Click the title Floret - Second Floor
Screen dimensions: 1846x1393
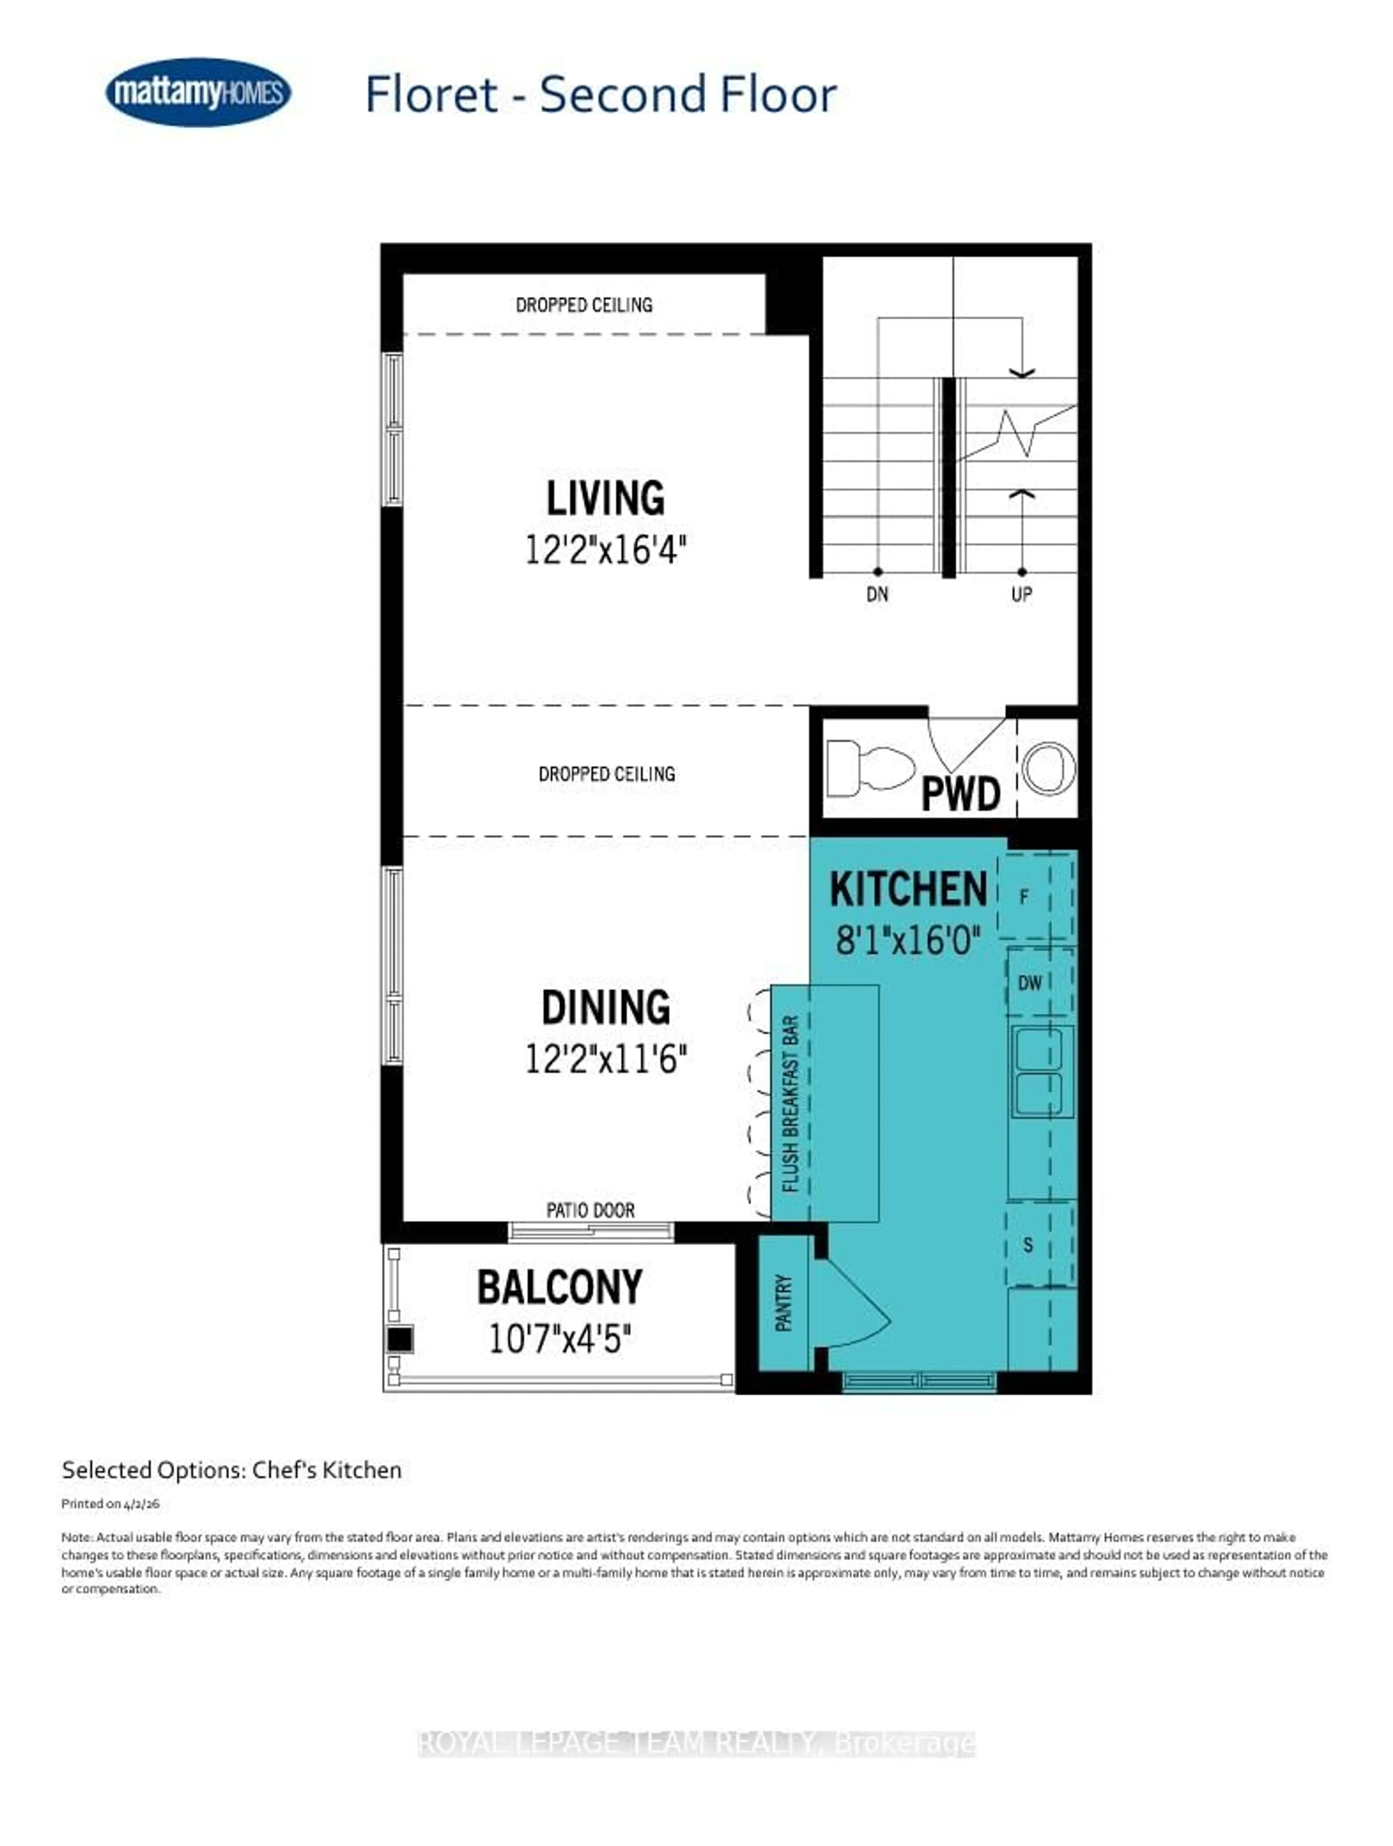[600, 94]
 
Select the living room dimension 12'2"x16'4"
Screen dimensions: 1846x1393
[605, 550]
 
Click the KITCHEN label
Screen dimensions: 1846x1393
[908, 889]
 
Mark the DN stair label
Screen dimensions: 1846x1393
[877, 594]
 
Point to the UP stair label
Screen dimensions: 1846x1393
[1022, 594]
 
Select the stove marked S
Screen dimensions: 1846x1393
[1028, 1244]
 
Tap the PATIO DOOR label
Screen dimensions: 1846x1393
[590, 1210]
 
